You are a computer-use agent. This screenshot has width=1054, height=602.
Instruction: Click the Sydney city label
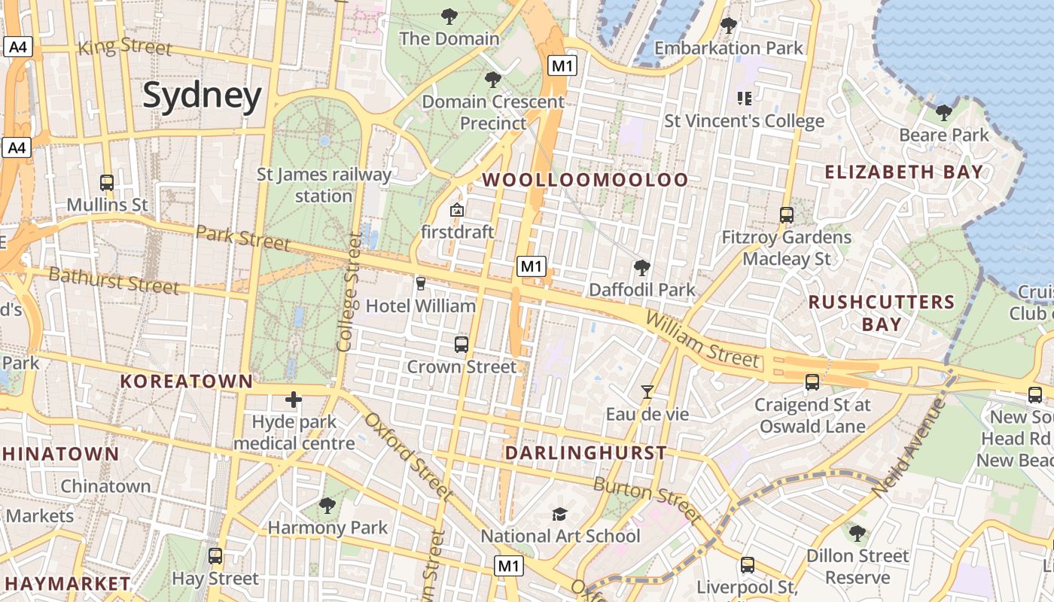pos(202,96)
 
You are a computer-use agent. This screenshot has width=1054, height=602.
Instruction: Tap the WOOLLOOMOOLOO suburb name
pos(585,180)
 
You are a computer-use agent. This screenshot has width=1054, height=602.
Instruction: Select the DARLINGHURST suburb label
pos(585,453)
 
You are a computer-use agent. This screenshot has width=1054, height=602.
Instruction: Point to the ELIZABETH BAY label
pos(903,172)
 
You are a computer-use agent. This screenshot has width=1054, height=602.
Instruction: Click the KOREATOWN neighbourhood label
pos(187,382)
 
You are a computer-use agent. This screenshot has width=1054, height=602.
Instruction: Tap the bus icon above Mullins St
pos(107,182)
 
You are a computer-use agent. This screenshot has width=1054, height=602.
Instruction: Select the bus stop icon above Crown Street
pos(462,345)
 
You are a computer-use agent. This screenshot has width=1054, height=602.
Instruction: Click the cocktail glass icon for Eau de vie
pos(647,391)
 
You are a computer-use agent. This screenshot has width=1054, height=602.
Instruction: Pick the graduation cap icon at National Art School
pos(559,514)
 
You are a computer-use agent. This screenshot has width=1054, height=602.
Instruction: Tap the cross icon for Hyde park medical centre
pos(294,400)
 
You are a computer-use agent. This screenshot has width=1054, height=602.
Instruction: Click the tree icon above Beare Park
pos(943,113)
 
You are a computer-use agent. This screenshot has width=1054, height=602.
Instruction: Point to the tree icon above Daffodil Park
pos(642,267)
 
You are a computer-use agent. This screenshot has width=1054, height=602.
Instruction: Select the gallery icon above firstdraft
pos(456,210)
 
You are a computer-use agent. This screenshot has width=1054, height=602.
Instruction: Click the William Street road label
pos(702,341)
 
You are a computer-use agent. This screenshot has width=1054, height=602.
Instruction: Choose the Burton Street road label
pos(647,498)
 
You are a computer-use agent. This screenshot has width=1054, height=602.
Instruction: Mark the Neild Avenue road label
pos(909,448)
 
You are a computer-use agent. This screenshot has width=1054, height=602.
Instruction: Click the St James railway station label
pos(324,185)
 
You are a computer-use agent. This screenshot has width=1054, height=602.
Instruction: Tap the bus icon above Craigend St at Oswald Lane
pos(812,382)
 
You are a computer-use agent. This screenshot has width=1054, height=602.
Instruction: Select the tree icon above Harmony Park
pos(327,506)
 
